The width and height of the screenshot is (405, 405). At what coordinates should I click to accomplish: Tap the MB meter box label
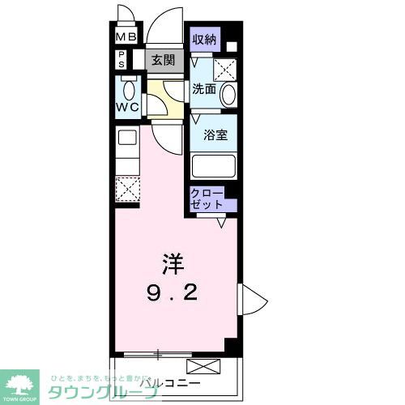pos(125,37)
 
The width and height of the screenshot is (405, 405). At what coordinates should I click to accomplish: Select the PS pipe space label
pos(122,59)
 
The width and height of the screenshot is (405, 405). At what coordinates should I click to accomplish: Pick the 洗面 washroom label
pos(203,90)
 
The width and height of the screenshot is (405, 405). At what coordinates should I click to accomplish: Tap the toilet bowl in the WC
pos(129,87)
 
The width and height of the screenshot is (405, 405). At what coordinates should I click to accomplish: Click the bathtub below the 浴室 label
pos(214,166)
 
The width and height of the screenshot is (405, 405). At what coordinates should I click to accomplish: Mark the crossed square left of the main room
pos(127,189)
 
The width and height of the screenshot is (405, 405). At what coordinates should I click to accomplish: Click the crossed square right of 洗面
pos(225,69)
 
